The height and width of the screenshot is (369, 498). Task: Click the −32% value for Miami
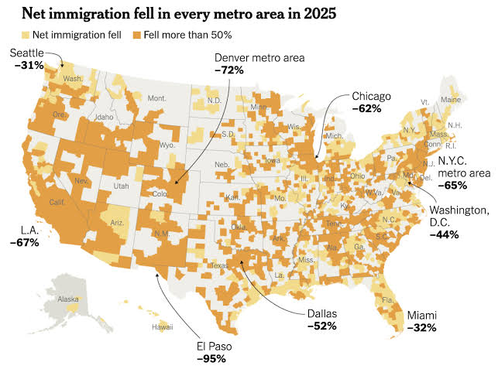pyautogui.click(x=421, y=327)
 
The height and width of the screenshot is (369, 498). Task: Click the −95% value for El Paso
pyautogui.click(x=211, y=358)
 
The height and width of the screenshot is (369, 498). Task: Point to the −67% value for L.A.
pyautogui.click(x=25, y=243)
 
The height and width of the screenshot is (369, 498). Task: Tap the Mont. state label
pyautogui.click(x=156, y=99)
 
